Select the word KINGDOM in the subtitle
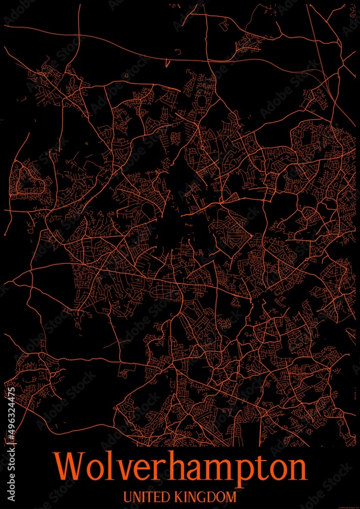[x=206, y=496]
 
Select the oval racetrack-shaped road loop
[x=202, y=101]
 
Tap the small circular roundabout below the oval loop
[x=202, y=147]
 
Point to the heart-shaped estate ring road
[x=29, y=178]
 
